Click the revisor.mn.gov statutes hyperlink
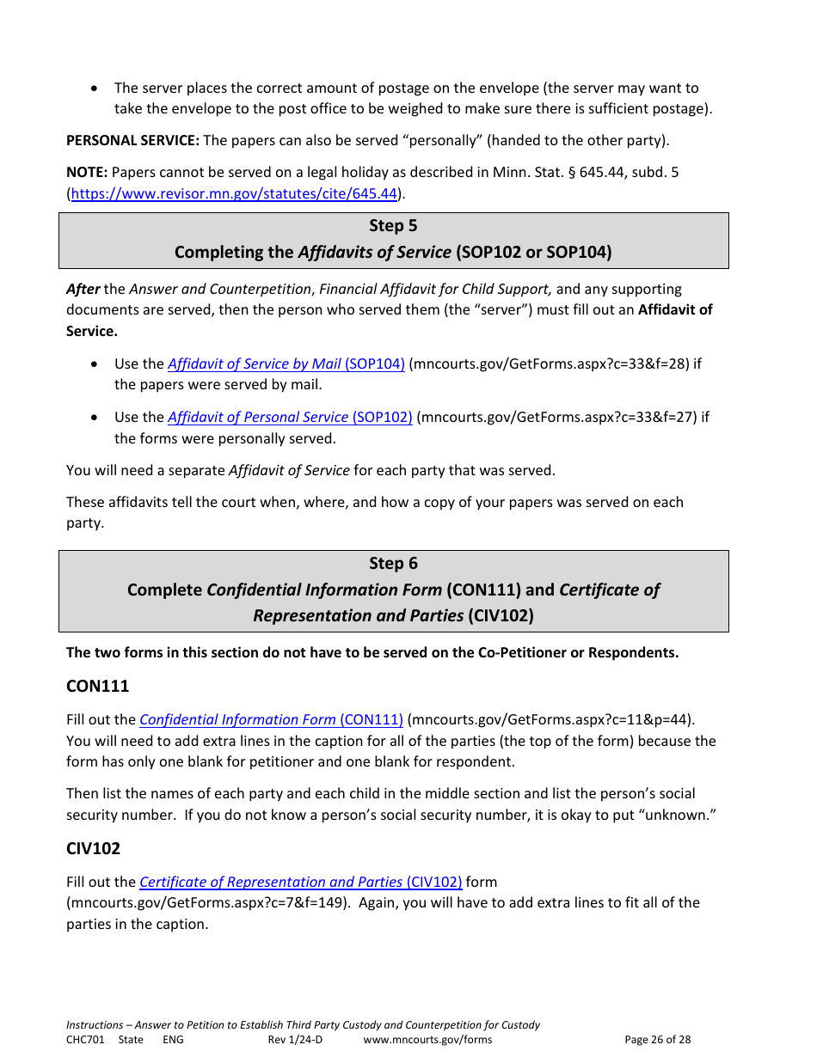click(234, 193)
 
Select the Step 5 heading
click(393, 226)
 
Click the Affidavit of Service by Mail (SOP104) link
click(286, 364)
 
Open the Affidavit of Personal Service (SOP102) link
click(290, 417)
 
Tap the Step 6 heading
click(393, 564)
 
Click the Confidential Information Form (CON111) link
click(271, 719)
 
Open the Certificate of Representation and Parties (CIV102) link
click(300, 882)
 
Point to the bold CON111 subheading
click(97, 686)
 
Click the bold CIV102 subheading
click(93, 848)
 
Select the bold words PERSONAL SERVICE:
click(132, 140)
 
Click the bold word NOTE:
click(87, 172)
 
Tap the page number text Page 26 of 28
click(657, 1040)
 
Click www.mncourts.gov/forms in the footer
click(427, 1040)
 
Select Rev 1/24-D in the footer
click(295, 1040)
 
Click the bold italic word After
click(83, 289)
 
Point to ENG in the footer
click(173, 1040)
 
